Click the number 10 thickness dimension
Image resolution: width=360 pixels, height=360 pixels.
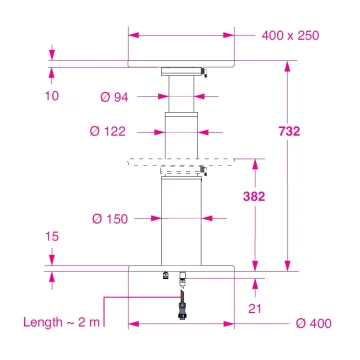click(x=51, y=97)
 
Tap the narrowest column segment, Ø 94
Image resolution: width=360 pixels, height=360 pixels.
click(x=180, y=95)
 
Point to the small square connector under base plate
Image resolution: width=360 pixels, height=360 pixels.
click(x=164, y=276)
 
